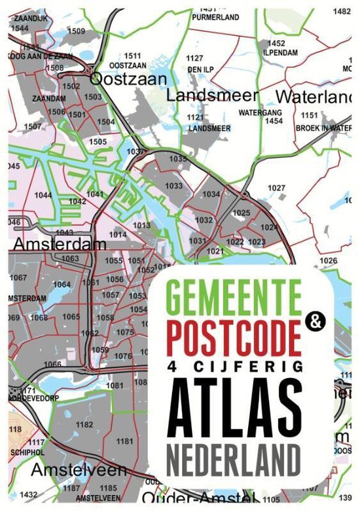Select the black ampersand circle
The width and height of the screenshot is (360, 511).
(x=315, y=322)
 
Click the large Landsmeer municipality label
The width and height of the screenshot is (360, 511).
(x=212, y=95)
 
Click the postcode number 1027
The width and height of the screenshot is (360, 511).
(x=277, y=188)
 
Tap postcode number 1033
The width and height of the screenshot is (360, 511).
(x=174, y=186)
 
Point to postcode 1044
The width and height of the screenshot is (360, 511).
(x=44, y=195)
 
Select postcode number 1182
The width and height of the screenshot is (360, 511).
(x=84, y=425)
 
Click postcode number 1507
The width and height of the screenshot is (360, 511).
(x=32, y=126)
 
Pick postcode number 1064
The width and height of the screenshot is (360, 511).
(x=62, y=285)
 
